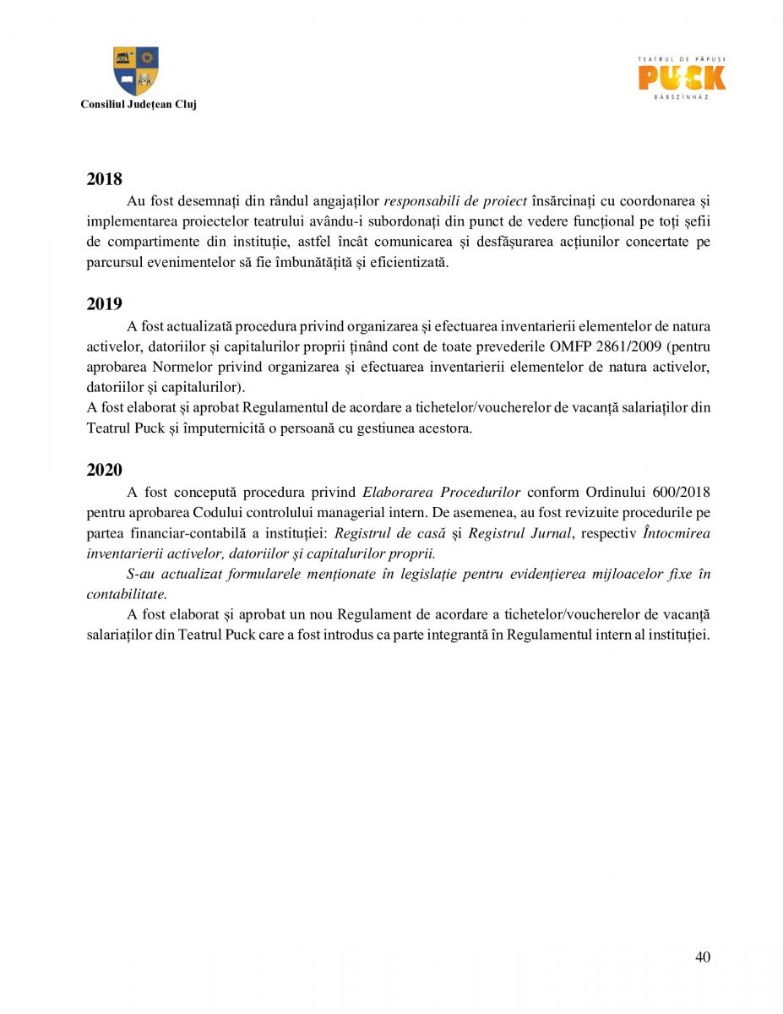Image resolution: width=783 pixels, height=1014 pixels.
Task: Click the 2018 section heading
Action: tap(104, 179)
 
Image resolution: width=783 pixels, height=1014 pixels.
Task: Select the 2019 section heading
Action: tap(104, 304)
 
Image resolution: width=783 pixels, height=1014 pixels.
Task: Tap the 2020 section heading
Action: tap(104, 470)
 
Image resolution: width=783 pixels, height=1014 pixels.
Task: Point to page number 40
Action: tap(702, 957)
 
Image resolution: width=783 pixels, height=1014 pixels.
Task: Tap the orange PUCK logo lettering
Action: tap(681, 78)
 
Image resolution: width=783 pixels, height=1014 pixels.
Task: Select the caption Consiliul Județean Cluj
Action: tap(138, 105)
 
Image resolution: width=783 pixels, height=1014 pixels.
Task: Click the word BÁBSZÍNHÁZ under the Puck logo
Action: tap(681, 98)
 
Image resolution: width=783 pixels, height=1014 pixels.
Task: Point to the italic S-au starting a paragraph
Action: tap(141, 575)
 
